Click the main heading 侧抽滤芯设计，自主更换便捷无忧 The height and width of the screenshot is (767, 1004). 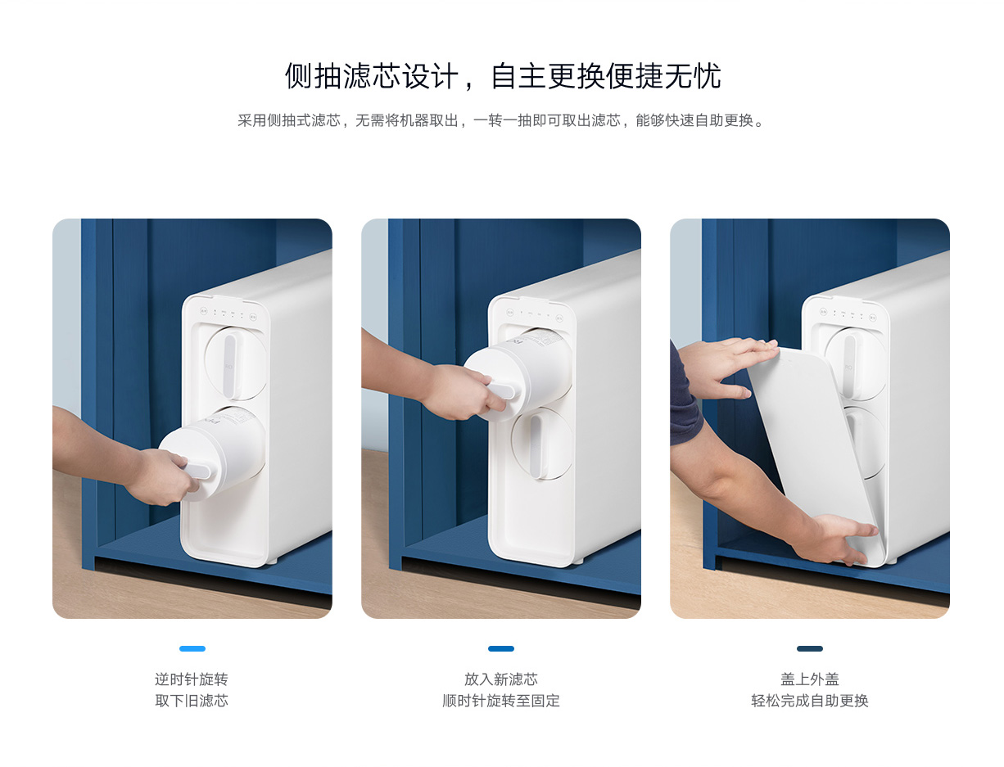click(502, 76)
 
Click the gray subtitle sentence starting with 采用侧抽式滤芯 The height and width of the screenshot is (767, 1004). click(501, 120)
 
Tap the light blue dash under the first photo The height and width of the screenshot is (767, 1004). click(192, 648)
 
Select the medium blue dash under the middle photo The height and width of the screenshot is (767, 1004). click(501, 648)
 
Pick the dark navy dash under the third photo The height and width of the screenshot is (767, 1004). click(810, 648)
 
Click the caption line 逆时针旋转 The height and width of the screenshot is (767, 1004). click(192, 679)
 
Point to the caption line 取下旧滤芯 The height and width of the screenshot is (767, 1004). click(192, 701)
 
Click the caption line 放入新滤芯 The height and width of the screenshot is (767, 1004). click(501, 679)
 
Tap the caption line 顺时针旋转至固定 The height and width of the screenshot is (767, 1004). click(501, 701)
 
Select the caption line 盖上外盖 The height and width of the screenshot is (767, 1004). click(810, 679)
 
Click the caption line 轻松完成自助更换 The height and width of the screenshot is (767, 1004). click(810, 701)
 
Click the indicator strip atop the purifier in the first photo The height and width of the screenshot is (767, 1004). click(228, 314)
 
